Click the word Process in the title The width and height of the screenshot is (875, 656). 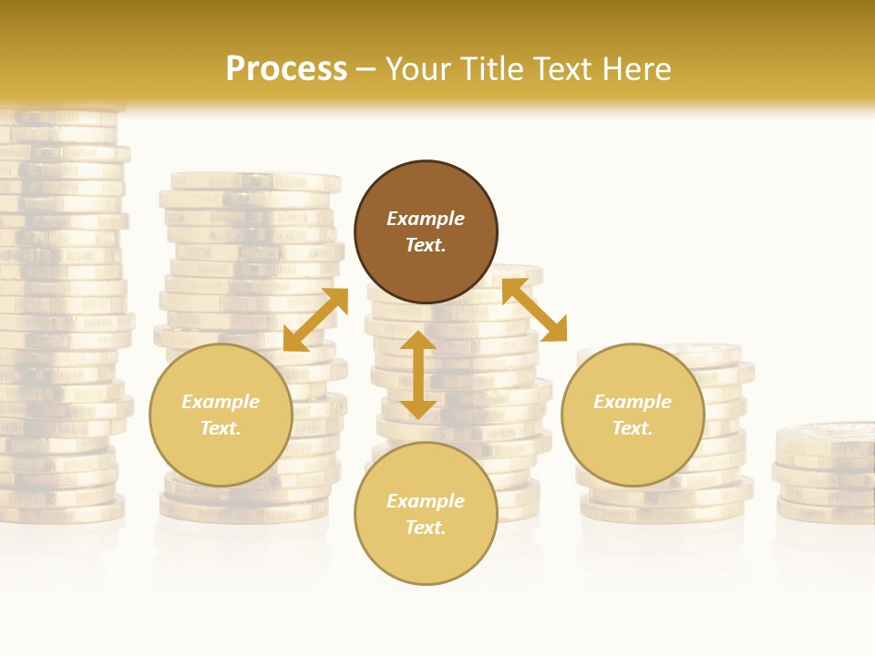[x=286, y=69]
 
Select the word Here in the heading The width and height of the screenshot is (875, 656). [x=636, y=69]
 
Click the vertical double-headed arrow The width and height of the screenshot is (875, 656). [x=418, y=374]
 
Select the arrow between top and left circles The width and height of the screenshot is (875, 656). [x=315, y=320]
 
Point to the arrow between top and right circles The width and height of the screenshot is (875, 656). [x=534, y=311]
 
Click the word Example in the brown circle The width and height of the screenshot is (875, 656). [x=426, y=219]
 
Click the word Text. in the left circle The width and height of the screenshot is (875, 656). [x=221, y=428]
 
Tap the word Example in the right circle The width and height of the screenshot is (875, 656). [x=633, y=402]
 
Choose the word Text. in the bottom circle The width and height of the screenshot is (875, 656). [x=426, y=528]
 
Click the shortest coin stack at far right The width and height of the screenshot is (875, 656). [x=825, y=474]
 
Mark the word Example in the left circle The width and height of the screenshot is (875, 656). [x=221, y=402]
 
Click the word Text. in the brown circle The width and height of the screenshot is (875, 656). [x=426, y=245]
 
